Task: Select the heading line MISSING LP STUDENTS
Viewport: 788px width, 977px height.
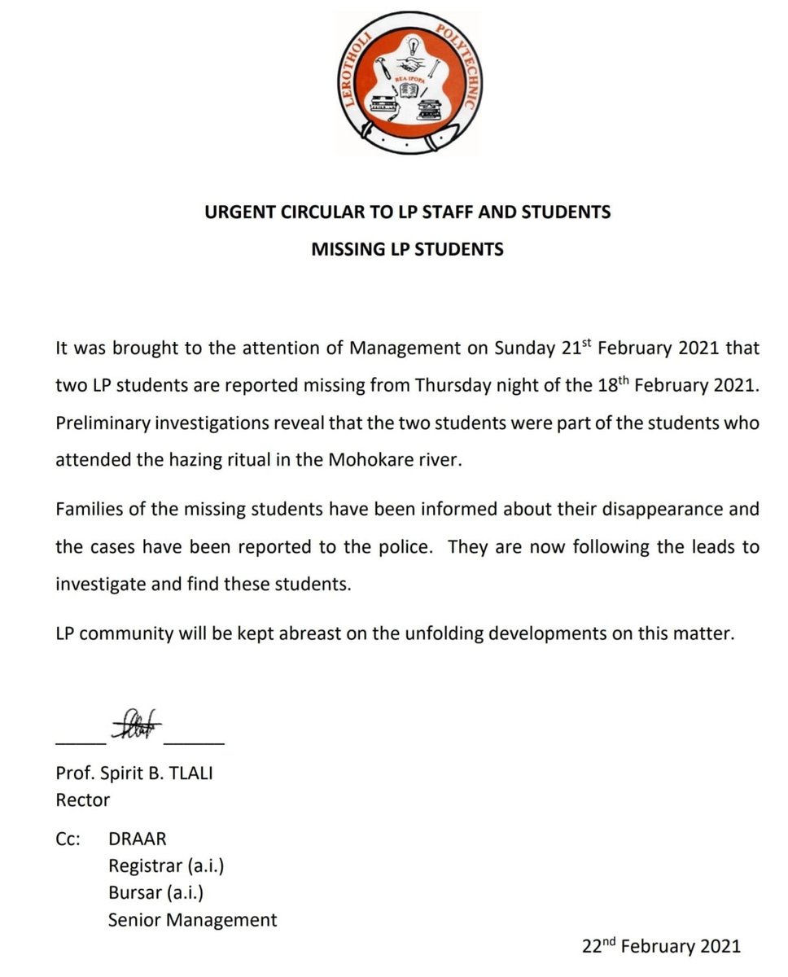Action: point(407,249)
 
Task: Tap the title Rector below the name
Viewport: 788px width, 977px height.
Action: point(82,800)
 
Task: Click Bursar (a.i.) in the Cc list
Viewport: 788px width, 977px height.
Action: point(155,893)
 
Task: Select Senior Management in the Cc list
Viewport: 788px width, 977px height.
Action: point(192,920)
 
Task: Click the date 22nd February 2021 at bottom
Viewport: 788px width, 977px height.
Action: point(661,945)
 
